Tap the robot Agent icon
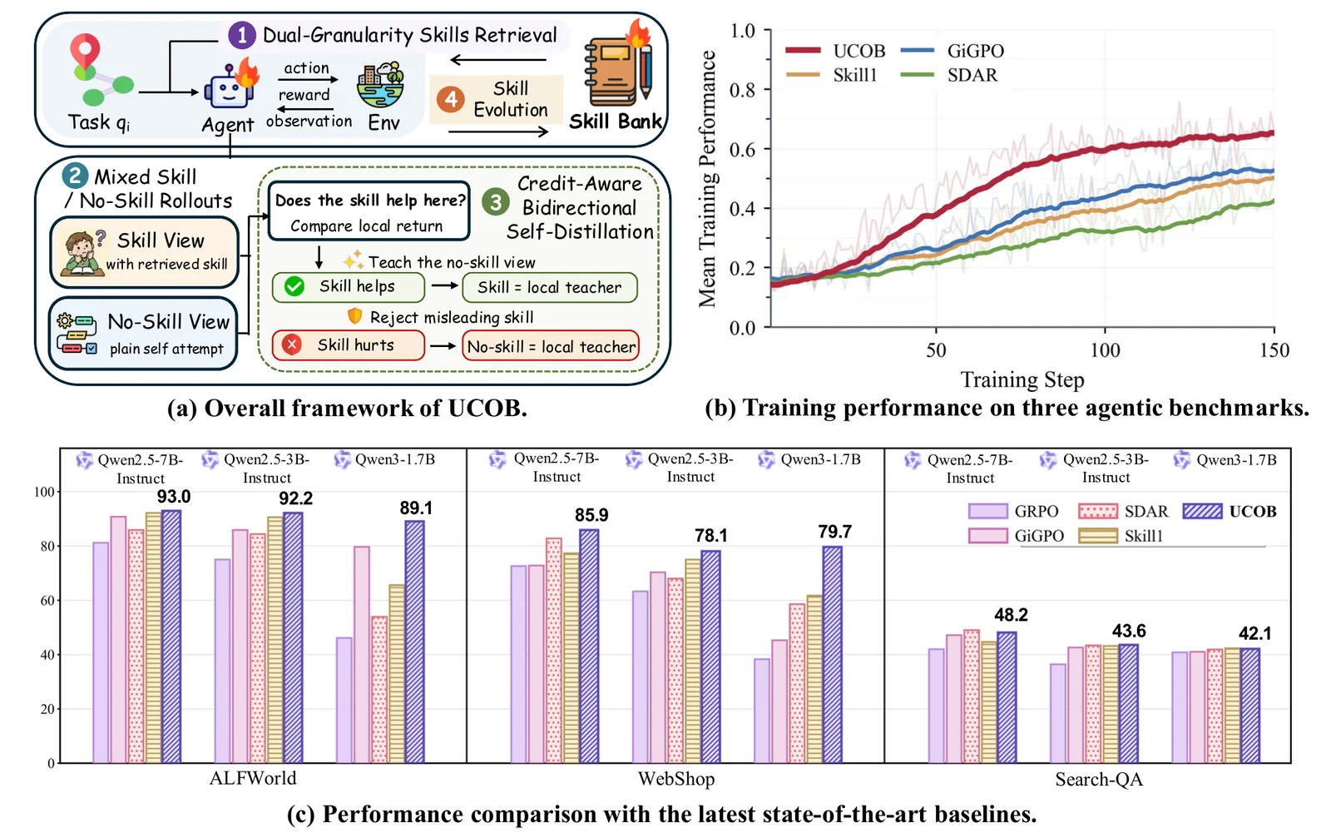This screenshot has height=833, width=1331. (230, 88)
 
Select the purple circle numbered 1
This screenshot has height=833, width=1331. (242, 36)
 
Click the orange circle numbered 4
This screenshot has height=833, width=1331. (451, 99)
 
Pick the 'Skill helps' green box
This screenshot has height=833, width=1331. (349, 287)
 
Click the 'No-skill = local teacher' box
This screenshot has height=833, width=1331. (551, 346)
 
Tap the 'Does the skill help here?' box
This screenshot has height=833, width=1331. (369, 211)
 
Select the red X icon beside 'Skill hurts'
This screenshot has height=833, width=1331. (292, 345)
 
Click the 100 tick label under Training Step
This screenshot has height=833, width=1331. (1105, 350)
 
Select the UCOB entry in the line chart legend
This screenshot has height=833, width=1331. (835, 51)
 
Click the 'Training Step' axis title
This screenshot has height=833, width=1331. (1022, 379)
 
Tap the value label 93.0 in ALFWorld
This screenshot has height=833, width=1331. (174, 497)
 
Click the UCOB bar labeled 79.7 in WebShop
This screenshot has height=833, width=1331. (832, 655)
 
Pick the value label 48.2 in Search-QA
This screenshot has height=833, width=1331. (1012, 615)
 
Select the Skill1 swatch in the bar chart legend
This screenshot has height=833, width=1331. (1097, 536)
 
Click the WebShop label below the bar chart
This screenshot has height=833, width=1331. (676, 779)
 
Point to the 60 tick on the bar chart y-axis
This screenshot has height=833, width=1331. (47, 601)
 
